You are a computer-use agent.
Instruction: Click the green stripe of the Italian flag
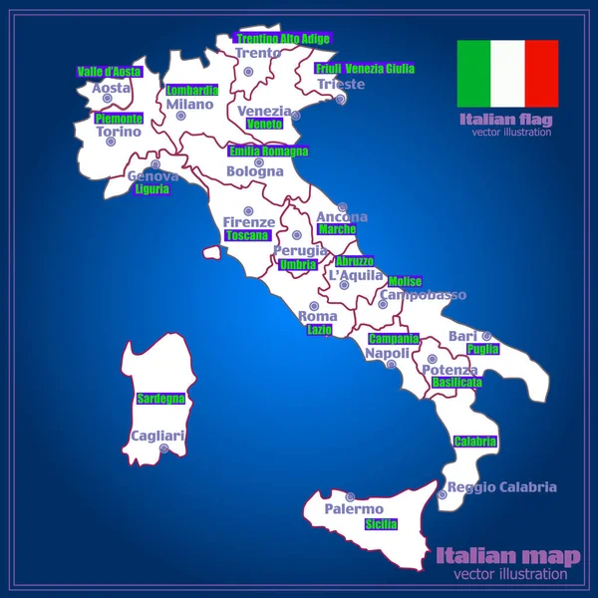pyautogui.click(x=474, y=73)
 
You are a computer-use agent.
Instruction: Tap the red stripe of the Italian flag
pyautogui.click(x=541, y=73)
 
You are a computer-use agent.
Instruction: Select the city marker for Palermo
pyautogui.click(x=350, y=496)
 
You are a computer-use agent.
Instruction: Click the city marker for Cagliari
pyautogui.click(x=163, y=449)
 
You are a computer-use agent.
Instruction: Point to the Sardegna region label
pyautogui.click(x=160, y=399)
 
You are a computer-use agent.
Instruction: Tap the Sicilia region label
pyautogui.click(x=381, y=524)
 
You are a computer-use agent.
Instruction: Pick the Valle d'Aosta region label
pyautogui.click(x=110, y=72)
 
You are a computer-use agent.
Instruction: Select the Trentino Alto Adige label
pyautogui.click(x=283, y=39)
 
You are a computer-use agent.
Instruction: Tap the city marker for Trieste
pyautogui.click(x=341, y=98)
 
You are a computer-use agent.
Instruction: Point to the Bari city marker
pyautogui.click(x=486, y=336)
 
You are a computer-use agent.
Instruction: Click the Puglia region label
pyautogui.click(x=482, y=350)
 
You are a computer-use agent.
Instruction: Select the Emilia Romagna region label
pyautogui.click(x=268, y=151)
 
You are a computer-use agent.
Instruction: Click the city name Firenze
pyautogui.click(x=248, y=222)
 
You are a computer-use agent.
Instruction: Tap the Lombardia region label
pyautogui.click(x=192, y=90)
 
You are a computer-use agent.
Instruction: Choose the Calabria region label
pyautogui.click(x=474, y=442)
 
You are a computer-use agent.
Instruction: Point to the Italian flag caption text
pyautogui.click(x=504, y=121)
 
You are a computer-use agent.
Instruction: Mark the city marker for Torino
pyautogui.click(x=112, y=142)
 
